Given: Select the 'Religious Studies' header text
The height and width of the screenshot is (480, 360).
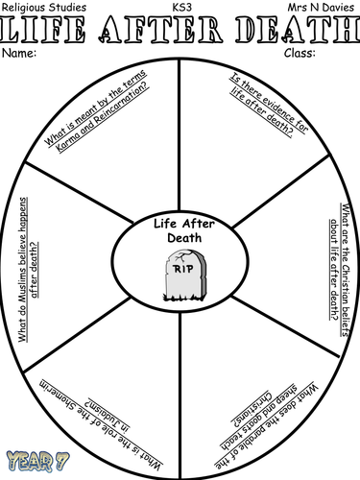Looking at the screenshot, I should pyautogui.click(x=46, y=8).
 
